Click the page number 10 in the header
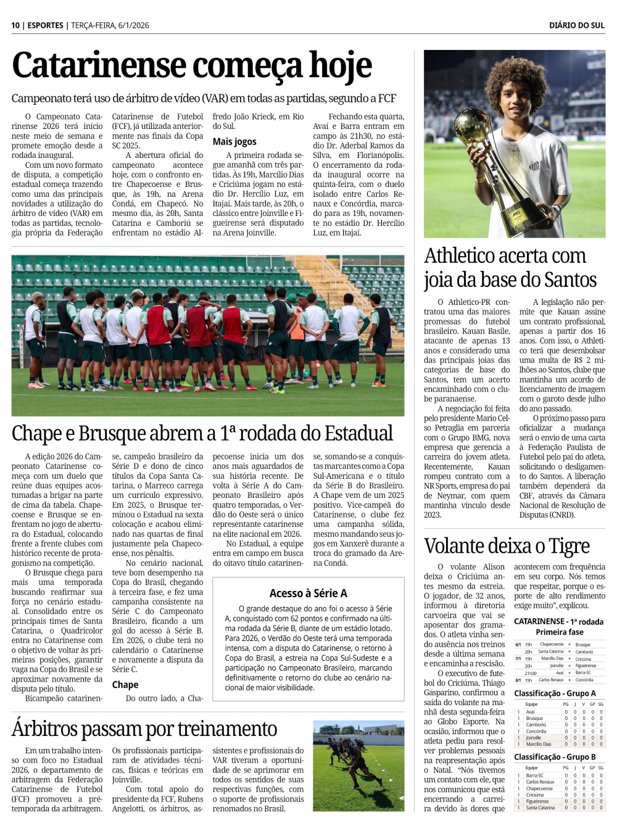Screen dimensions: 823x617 point(15,25)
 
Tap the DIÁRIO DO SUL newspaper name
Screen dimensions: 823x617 point(576,25)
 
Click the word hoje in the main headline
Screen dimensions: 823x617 point(340,66)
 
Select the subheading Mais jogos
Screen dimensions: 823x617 point(234,141)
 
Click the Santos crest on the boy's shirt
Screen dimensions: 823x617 point(534,165)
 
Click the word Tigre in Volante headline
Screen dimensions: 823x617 point(568,546)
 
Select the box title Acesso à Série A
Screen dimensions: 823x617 point(308,593)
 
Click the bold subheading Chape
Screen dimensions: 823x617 point(125,684)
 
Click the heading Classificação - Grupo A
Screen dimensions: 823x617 point(555,693)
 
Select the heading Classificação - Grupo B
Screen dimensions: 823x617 point(555,757)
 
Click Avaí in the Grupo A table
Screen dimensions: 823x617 point(531,712)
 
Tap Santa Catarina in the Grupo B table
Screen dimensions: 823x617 point(540,808)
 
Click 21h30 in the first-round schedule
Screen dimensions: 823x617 point(530,673)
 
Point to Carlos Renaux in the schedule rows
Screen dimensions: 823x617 point(551,680)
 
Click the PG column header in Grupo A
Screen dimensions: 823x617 point(566,704)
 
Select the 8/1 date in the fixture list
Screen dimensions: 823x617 point(519,680)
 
